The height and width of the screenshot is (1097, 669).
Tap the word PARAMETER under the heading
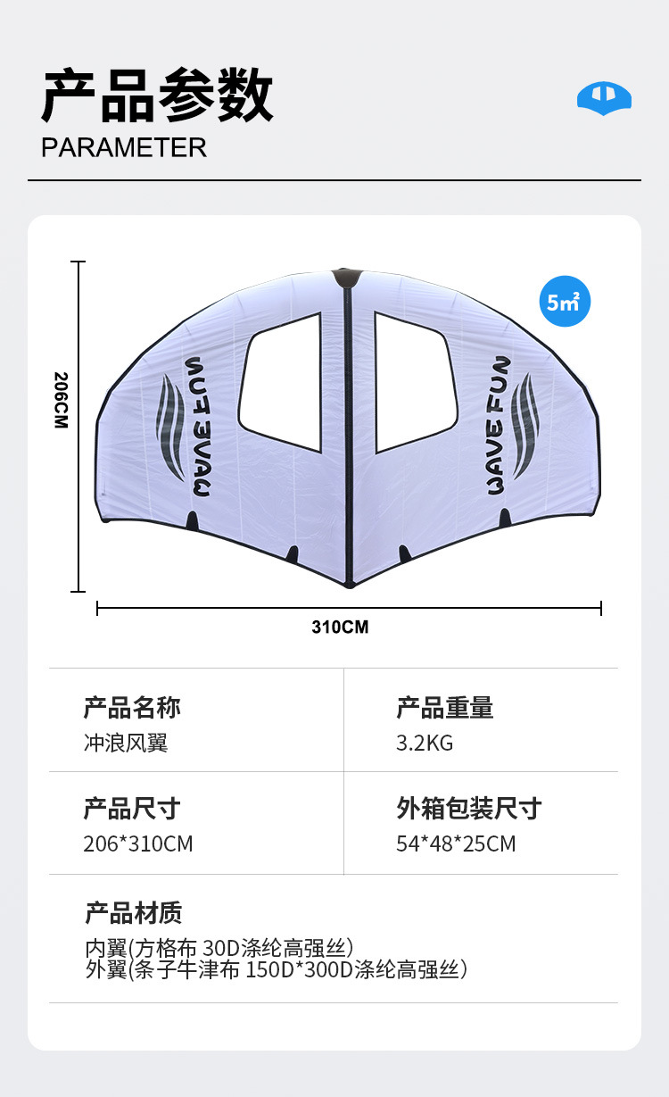(x=124, y=147)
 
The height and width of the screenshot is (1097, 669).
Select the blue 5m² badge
(x=565, y=302)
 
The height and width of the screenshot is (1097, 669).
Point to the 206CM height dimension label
(x=61, y=400)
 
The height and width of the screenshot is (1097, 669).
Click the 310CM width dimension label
(x=340, y=627)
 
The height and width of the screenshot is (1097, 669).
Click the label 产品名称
(x=132, y=708)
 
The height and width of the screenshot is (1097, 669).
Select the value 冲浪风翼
(x=126, y=743)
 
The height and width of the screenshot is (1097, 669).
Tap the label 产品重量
(x=444, y=708)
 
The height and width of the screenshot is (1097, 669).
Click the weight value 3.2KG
(x=425, y=743)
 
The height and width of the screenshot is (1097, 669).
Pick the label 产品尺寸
(x=132, y=809)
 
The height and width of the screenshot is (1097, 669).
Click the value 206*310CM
(x=138, y=844)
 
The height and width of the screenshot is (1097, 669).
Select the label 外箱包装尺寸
(x=469, y=809)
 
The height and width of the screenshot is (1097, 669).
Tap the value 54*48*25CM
(x=456, y=844)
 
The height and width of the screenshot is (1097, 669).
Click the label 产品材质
(x=134, y=913)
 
